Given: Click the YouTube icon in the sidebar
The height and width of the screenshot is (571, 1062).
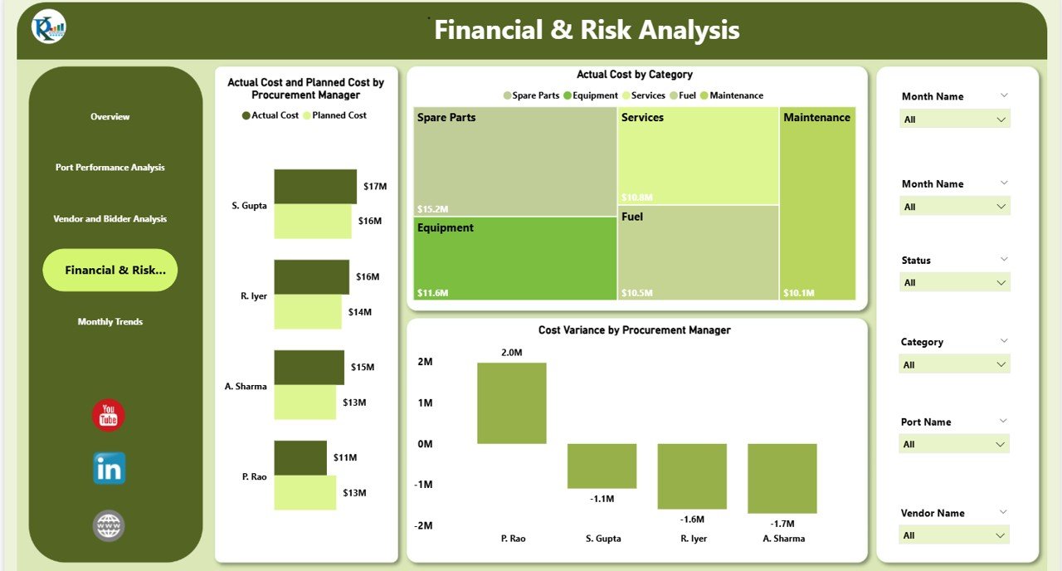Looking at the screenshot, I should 109,416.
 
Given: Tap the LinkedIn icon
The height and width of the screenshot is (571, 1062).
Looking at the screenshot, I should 109,469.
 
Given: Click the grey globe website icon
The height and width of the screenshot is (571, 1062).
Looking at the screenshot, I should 109,525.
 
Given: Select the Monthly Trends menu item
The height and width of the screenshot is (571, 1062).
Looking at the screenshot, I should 110,322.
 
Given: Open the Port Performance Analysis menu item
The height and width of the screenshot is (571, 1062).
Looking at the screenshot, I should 110,168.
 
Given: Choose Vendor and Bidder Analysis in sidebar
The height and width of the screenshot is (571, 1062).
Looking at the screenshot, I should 110,219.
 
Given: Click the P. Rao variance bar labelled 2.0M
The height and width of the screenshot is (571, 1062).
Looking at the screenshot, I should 511,403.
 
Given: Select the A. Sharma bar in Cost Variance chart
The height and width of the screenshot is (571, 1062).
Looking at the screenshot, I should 782,478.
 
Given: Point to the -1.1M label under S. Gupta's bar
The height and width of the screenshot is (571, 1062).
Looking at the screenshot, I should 602,499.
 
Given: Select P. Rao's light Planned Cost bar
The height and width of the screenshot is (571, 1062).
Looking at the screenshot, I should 304,492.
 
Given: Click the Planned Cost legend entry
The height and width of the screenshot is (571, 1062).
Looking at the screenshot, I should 334,115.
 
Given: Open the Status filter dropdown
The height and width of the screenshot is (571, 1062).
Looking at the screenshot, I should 955,283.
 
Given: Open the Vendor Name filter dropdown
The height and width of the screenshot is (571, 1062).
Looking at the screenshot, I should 955,535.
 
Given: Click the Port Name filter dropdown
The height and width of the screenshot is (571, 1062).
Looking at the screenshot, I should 955,445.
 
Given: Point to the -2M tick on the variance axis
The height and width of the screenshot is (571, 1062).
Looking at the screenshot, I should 424,525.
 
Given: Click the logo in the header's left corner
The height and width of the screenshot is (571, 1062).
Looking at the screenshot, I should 49,27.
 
